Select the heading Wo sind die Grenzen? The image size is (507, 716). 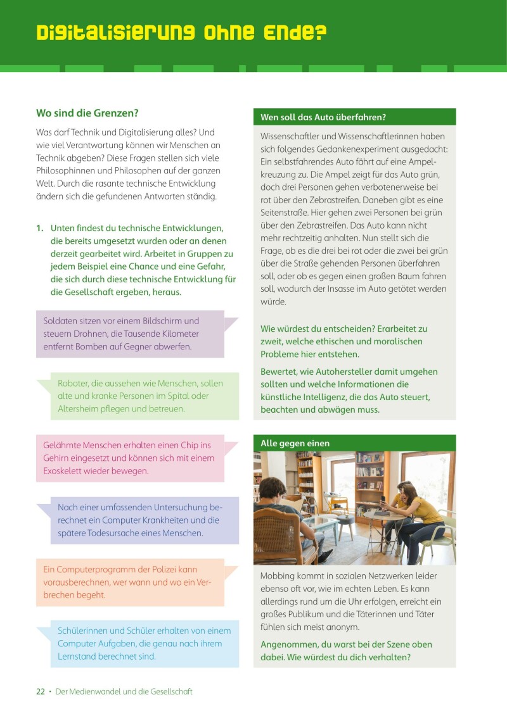[87, 113]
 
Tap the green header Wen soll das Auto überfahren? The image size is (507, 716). [323, 117]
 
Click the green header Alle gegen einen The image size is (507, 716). [295, 443]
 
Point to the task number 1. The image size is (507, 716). [40, 228]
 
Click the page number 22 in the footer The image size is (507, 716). [40, 691]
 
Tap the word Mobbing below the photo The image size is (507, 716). [279, 576]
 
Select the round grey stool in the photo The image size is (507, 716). [345, 522]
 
